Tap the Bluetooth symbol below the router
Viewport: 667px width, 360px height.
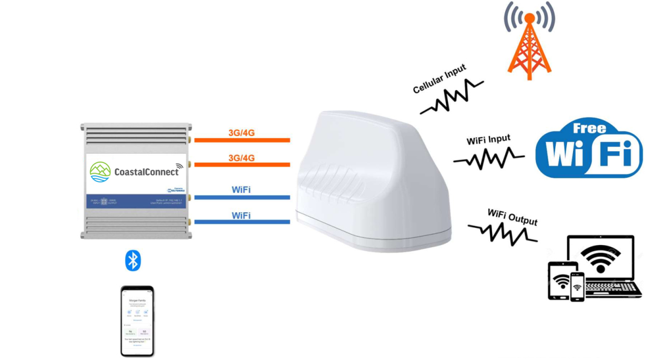click(133, 260)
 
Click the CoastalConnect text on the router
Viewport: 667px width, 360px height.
click(146, 171)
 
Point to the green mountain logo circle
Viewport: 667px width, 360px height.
click(100, 172)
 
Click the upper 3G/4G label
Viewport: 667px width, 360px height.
click(241, 132)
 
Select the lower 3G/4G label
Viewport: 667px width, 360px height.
click(241, 158)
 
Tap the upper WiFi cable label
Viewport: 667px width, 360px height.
click(241, 190)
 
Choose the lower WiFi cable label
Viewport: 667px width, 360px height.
click(241, 215)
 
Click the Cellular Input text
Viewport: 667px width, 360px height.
click(439, 79)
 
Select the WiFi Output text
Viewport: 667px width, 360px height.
click(512, 217)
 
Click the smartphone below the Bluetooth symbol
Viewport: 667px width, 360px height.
click(137, 321)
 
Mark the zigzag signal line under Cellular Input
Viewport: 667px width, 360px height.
click(451, 98)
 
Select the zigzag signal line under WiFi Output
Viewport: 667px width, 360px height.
click(502, 233)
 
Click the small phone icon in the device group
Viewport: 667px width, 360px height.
click(577, 287)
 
